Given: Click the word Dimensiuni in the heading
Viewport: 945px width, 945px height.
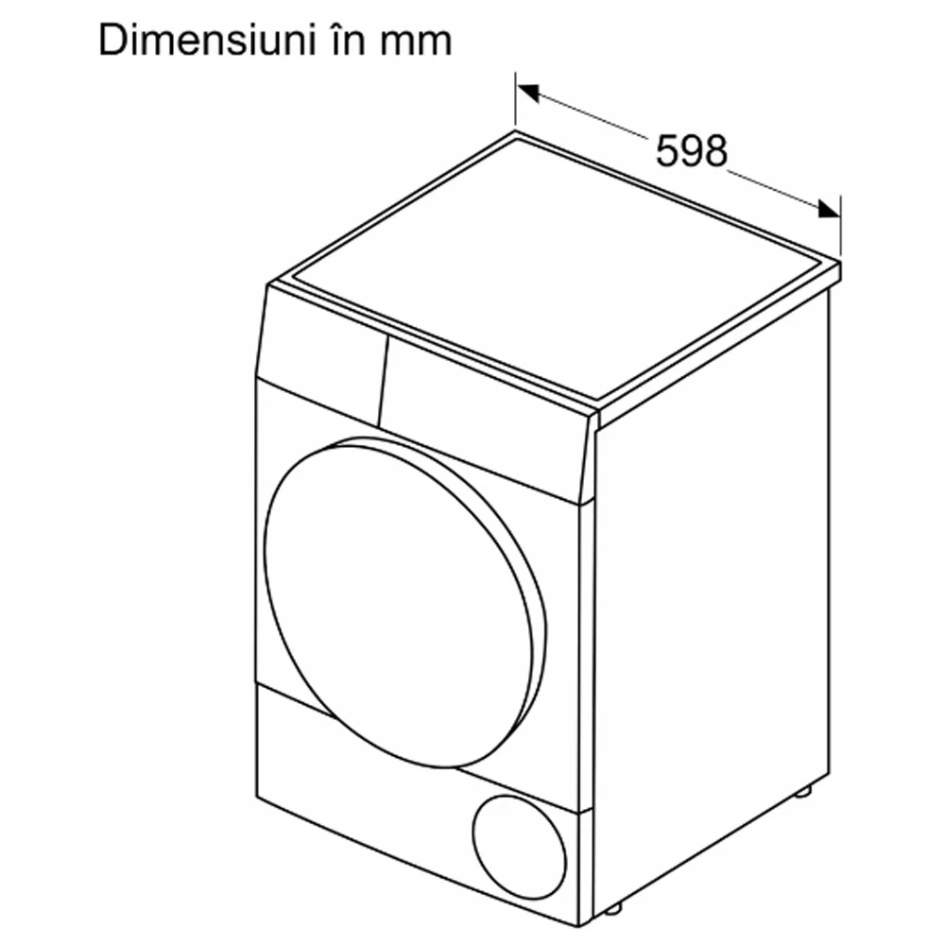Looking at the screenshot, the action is point(207,41).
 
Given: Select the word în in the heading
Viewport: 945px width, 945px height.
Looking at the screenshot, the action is point(346,41).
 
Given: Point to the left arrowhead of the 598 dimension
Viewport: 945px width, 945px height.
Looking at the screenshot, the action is point(528,93).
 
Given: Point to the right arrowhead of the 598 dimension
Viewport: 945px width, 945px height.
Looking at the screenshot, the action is point(829,209).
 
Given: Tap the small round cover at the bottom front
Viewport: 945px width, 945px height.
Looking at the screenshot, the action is point(520,848).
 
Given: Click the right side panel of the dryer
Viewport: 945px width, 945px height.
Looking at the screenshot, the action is point(712,603).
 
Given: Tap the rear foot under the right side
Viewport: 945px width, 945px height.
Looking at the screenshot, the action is point(802,791).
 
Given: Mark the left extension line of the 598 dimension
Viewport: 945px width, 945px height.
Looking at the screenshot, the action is point(515,101).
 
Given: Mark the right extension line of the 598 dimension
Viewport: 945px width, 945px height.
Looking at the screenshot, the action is point(840,229).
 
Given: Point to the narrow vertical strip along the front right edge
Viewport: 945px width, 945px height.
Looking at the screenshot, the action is point(586,712).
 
